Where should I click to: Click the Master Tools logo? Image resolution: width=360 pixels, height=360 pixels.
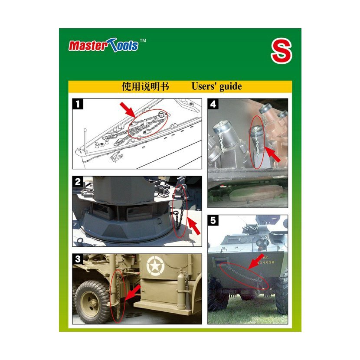(x=104, y=45)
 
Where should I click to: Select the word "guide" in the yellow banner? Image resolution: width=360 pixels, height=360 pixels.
(x=230, y=87)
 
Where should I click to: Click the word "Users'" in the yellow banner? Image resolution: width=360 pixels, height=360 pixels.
(x=204, y=86)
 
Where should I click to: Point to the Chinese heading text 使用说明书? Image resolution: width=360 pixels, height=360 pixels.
(x=145, y=87)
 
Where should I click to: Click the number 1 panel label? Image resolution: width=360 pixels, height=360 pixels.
(x=78, y=104)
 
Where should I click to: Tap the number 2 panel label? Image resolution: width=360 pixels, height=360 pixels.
(x=78, y=182)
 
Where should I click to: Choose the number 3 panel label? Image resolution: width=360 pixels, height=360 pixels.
(x=78, y=259)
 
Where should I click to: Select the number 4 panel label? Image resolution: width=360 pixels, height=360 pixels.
(x=213, y=104)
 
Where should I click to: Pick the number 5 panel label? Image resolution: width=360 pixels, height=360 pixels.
(x=213, y=220)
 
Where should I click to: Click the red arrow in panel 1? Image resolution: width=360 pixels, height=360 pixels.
(x=128, y=110)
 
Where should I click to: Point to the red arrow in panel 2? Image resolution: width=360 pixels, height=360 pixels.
(x=193, y=226)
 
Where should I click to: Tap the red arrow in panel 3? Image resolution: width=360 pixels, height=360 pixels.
(x=133, y=292)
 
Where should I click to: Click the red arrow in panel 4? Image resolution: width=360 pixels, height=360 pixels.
(x=273, y=155)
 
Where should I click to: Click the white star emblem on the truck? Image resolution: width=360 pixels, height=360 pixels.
(x=155, y=267)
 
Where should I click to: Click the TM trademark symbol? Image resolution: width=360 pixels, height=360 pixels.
(x=143, y=40)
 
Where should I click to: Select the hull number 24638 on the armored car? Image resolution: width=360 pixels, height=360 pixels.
(x=266, y=262)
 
